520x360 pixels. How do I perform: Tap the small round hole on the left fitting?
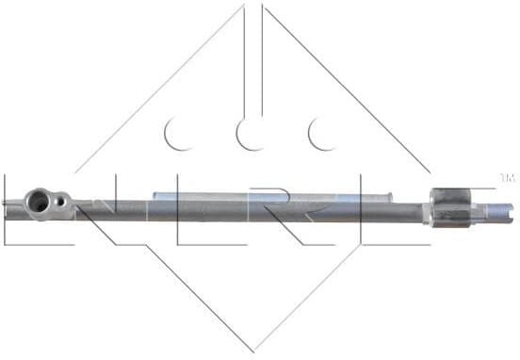pos(60,200)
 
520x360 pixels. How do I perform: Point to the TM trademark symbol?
pos(507,177)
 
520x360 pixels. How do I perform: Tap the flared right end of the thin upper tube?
pos(385,198)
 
